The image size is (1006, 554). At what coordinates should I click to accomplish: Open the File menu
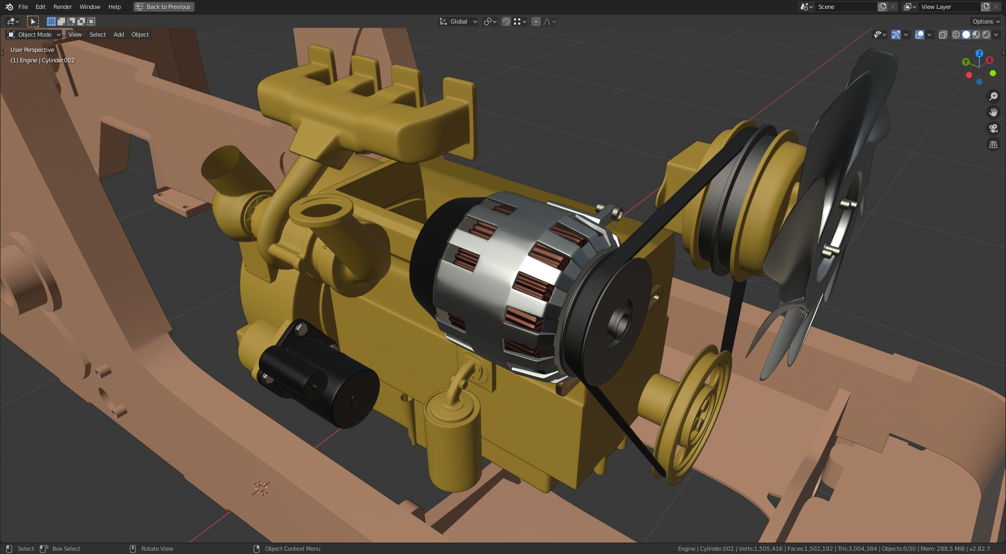pos(23,7)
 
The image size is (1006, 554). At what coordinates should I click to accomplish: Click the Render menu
pos(62,7)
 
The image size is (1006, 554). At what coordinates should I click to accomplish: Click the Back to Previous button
pos(164,7)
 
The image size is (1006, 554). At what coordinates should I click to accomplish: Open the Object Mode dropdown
pos(34,35)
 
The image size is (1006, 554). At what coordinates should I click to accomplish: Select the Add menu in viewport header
pos(119,35)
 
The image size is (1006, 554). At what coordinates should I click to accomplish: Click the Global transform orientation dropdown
pos(458,21)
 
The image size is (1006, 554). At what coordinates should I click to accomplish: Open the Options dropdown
pos(986,21)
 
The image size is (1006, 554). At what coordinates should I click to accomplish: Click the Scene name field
pos(845,7)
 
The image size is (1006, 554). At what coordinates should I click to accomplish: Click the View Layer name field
pos(948,7)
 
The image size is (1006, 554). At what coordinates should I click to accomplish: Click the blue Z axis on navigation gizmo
pos(979,53)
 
